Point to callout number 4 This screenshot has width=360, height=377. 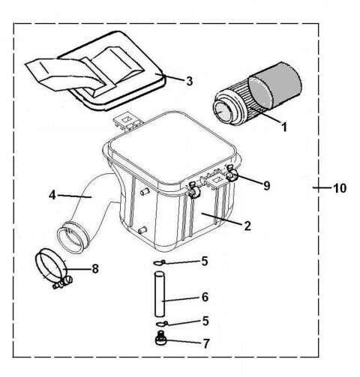coord(53,195)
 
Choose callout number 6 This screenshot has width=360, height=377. coord(205,297)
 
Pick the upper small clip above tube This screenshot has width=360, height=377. coord(157,262)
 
